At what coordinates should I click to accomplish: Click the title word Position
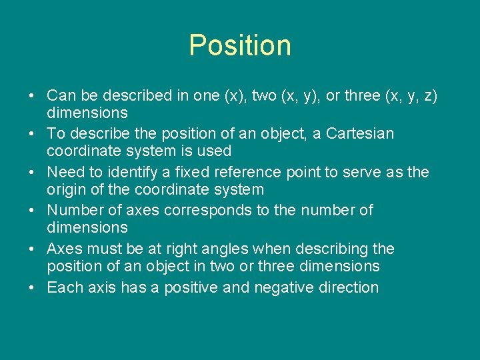(240, 45)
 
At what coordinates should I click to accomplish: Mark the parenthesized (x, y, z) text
(411, 95)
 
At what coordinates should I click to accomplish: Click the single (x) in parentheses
(234, 95)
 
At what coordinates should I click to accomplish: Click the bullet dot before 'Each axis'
(31, 288)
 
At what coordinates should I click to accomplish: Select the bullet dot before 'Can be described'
(31, 95)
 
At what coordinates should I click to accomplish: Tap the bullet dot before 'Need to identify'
(31, 172)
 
